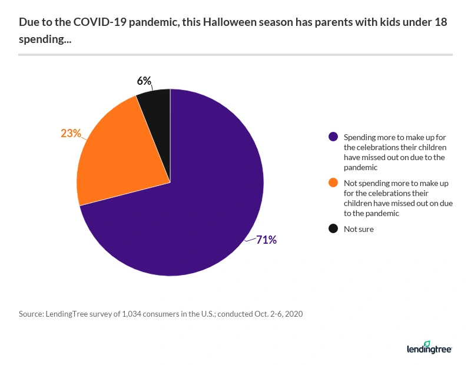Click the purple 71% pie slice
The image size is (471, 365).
tap(194, 218)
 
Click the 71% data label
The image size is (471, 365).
tap(266, 240)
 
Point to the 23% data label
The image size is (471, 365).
tap(71, 134)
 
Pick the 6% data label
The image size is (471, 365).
tap(144, 81)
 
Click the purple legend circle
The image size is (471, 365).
tap(333, 137)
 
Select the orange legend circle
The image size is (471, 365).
tap(333, 184)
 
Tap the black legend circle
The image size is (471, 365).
tap(333, 229)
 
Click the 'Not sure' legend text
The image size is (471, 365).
tap(359, 229)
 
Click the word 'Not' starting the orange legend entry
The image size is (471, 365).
tap(350, 184)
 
